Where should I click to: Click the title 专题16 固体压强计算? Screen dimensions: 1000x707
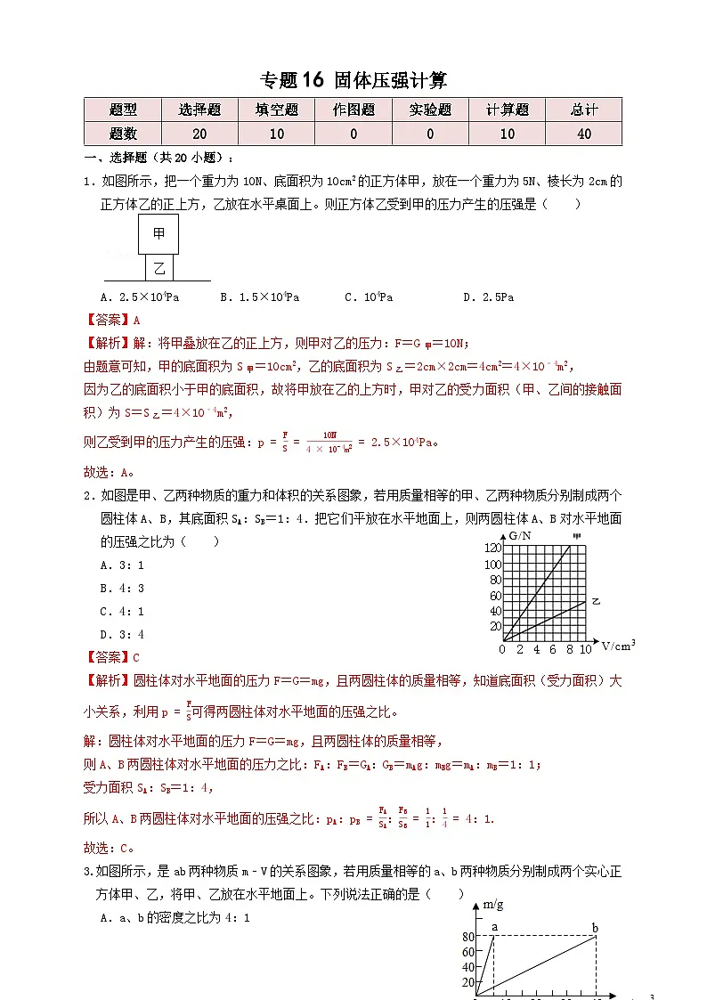coord(353,80)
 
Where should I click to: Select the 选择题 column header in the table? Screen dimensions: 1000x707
coord(199,110)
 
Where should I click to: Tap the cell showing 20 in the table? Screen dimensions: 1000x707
coord(199,134)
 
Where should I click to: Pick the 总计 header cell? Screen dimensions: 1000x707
coord(584,110)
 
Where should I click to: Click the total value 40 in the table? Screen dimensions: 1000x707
coord(584,134)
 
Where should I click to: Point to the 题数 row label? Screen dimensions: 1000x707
coord(123,134)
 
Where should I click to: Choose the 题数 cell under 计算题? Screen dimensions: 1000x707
coord(507,134)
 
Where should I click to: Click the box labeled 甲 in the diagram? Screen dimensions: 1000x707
coord(158,234)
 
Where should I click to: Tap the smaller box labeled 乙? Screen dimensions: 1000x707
coord(158,267)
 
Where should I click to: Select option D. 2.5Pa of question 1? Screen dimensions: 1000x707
coord(489,297)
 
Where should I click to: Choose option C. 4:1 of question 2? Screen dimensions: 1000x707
coord(122,611)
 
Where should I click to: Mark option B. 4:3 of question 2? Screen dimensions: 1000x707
coord(122,588)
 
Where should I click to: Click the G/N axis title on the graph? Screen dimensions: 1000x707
coord(521,535)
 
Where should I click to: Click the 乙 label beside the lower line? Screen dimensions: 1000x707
coord(597,602)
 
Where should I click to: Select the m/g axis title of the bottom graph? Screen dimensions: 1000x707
coord(493,905)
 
